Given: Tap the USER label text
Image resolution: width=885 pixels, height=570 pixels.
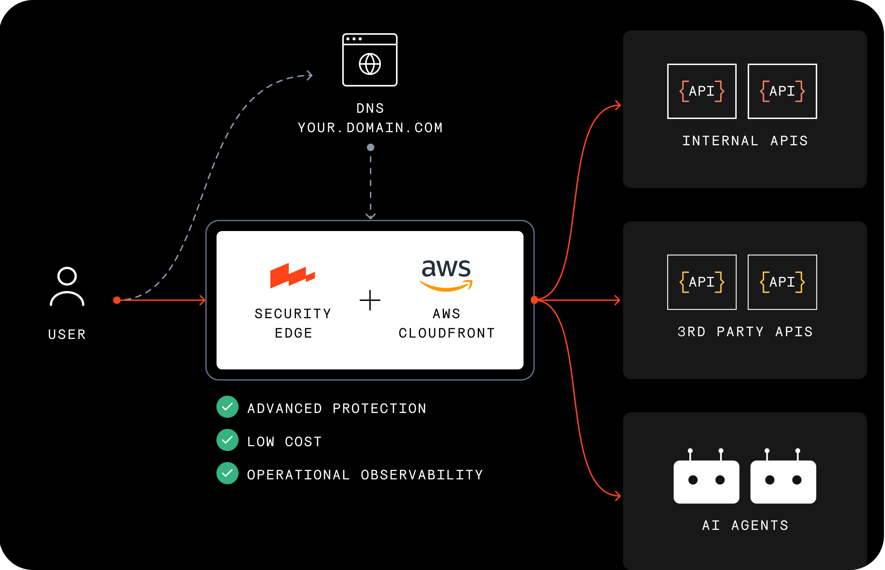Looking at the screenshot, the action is click(67, 334).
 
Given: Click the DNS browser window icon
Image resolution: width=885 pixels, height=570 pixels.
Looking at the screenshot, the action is click(370, 60).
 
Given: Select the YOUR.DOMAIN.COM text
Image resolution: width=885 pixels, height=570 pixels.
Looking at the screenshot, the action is click(370, 128).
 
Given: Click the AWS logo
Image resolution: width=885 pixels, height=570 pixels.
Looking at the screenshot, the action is click(446, 275).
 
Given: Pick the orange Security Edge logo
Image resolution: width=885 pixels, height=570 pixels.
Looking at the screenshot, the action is click(292, 275).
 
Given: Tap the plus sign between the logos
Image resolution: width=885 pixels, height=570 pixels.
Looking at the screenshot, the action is click(370, 300).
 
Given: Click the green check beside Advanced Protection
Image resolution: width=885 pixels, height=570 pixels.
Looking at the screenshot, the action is click(227, 407).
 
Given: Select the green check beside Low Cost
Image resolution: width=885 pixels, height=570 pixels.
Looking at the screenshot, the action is click(227, 440).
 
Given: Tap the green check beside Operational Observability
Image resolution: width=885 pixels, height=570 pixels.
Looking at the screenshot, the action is click(227, 474).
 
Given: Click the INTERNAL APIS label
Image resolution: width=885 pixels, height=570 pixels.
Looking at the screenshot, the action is click(745, 141).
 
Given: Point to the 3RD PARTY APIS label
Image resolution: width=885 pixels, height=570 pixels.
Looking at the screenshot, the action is click(745, 332).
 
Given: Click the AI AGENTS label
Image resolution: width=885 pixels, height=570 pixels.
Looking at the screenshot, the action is click(745, 526).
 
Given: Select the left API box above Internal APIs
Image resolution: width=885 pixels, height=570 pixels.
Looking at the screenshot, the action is click(702, 91).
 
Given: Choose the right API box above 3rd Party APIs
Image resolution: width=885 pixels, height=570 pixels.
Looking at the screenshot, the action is click(782, 282).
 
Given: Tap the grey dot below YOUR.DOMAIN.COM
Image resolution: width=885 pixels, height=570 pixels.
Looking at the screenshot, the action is click(371, 147).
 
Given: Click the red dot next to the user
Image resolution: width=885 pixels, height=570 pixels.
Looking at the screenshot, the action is click(117, 300).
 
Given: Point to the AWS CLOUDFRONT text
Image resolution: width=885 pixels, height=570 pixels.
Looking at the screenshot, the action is click(447, 323).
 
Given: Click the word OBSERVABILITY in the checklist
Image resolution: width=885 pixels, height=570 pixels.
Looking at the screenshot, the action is click(422, 475).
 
